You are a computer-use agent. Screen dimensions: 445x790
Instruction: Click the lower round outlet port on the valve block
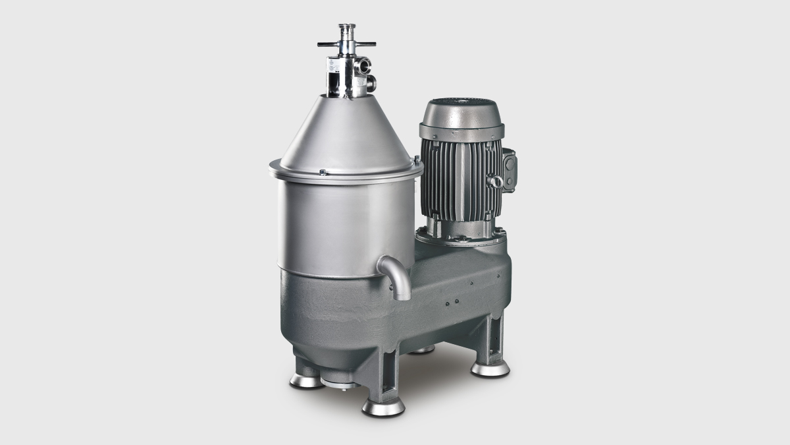(371, 83)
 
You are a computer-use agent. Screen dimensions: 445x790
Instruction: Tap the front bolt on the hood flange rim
(323, 172)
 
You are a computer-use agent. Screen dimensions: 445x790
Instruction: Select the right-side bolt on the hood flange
(417, 160)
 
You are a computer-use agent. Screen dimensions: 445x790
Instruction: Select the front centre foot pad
(383, 406)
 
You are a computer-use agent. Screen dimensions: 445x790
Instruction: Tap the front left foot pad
(307, 380)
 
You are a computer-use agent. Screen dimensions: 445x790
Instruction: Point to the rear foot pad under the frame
(421, 349)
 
